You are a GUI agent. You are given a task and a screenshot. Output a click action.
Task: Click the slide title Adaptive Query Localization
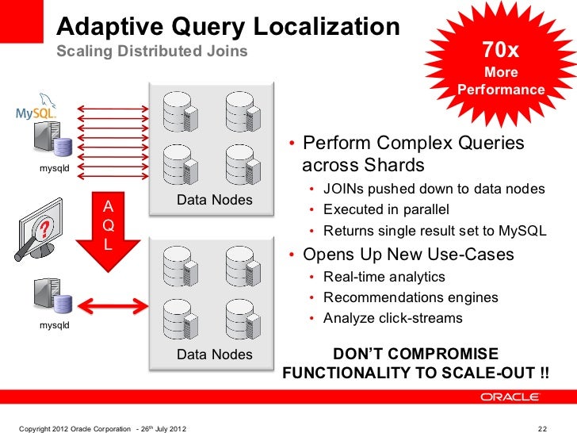pyautogui.click(x=227, y=28)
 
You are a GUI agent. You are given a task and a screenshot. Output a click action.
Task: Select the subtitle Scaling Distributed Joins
pyautogui.click(x=151, y=52)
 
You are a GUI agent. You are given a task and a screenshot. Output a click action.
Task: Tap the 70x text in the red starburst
pyautogui.click(x=501, y=51)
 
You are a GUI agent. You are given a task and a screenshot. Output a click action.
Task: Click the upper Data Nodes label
pyautogui.click(x=214, y=200)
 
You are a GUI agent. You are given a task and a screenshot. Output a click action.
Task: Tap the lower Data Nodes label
pyautogui.click(x=214, y=354)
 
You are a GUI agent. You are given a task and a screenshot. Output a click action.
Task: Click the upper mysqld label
pyautogui.click(x=55, y=168)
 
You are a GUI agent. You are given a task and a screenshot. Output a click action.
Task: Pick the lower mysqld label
pyautogui.click(x=55, y=324)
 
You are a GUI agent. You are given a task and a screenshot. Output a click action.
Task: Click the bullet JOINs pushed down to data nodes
pyautogui.click(x=434, y=189)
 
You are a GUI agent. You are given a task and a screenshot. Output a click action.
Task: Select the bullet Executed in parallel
pyautogui.click(x=386, y=210)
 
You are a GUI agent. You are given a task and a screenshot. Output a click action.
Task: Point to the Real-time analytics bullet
pyautogui.click(x=384, y=277)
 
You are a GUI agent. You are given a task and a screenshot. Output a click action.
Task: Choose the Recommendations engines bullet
pyautogui.click(x=411, y=297)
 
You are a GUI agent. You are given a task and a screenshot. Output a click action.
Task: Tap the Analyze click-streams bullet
pyautogui.click(x=392, y=318)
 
